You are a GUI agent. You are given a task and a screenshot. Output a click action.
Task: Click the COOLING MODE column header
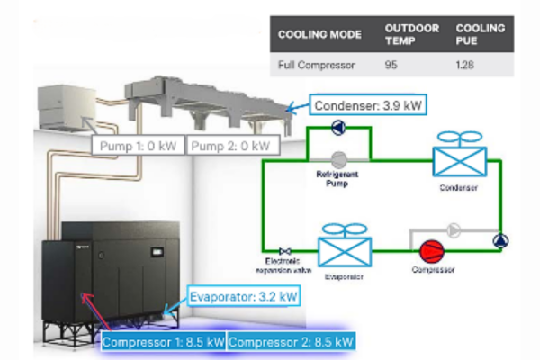(319, 34)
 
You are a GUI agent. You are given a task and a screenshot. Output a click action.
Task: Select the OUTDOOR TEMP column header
(412, 34)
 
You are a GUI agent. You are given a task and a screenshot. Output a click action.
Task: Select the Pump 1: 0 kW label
(138, 146)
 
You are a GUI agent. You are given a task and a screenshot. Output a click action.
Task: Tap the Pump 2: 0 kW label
(233, 146)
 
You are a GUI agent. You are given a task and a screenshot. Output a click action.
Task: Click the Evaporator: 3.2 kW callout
(243, 294)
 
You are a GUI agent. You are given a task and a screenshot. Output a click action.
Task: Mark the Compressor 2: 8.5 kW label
(291, 341)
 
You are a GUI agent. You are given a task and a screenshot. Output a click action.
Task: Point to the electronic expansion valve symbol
(285, 250)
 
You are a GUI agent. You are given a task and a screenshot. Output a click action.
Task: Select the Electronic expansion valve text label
(279, 266)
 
